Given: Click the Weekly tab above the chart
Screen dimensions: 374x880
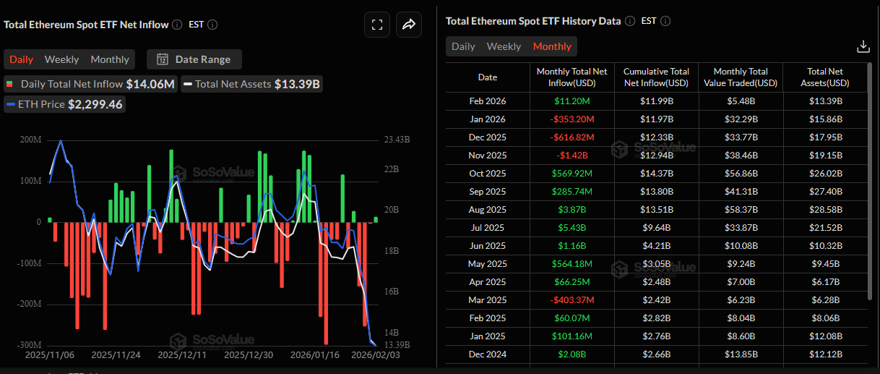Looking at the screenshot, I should [61, 59].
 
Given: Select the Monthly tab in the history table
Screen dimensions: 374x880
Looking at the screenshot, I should [552, 46].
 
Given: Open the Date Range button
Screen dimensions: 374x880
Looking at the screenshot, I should [194, 59].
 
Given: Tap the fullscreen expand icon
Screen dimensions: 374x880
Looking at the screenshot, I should [376, 25].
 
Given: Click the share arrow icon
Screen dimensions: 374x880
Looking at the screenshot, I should [408, 25].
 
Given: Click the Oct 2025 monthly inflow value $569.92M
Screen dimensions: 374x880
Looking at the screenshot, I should [571, 174].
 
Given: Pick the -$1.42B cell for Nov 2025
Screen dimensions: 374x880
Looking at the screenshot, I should [571, 156].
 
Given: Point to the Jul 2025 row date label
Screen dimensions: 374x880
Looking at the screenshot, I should [488, 228].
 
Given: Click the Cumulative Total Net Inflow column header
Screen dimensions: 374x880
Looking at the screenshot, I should [656, 77].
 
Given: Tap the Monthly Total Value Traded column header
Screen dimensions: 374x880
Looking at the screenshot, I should [741, 77].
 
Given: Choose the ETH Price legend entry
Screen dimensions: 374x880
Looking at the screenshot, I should [65, 104].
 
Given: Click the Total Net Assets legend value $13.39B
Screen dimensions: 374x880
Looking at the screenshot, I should [297, 84].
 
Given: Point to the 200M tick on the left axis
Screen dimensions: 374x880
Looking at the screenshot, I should [30, 139].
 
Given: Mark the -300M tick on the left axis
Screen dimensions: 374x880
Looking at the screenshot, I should [29, 344].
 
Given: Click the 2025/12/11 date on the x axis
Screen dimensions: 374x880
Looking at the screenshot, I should [182, 355].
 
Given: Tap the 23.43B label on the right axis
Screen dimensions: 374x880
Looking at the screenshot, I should [397, 139].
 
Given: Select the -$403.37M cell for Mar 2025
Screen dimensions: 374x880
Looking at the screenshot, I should [571, 300].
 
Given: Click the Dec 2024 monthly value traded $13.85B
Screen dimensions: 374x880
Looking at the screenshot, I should [741, 354].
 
